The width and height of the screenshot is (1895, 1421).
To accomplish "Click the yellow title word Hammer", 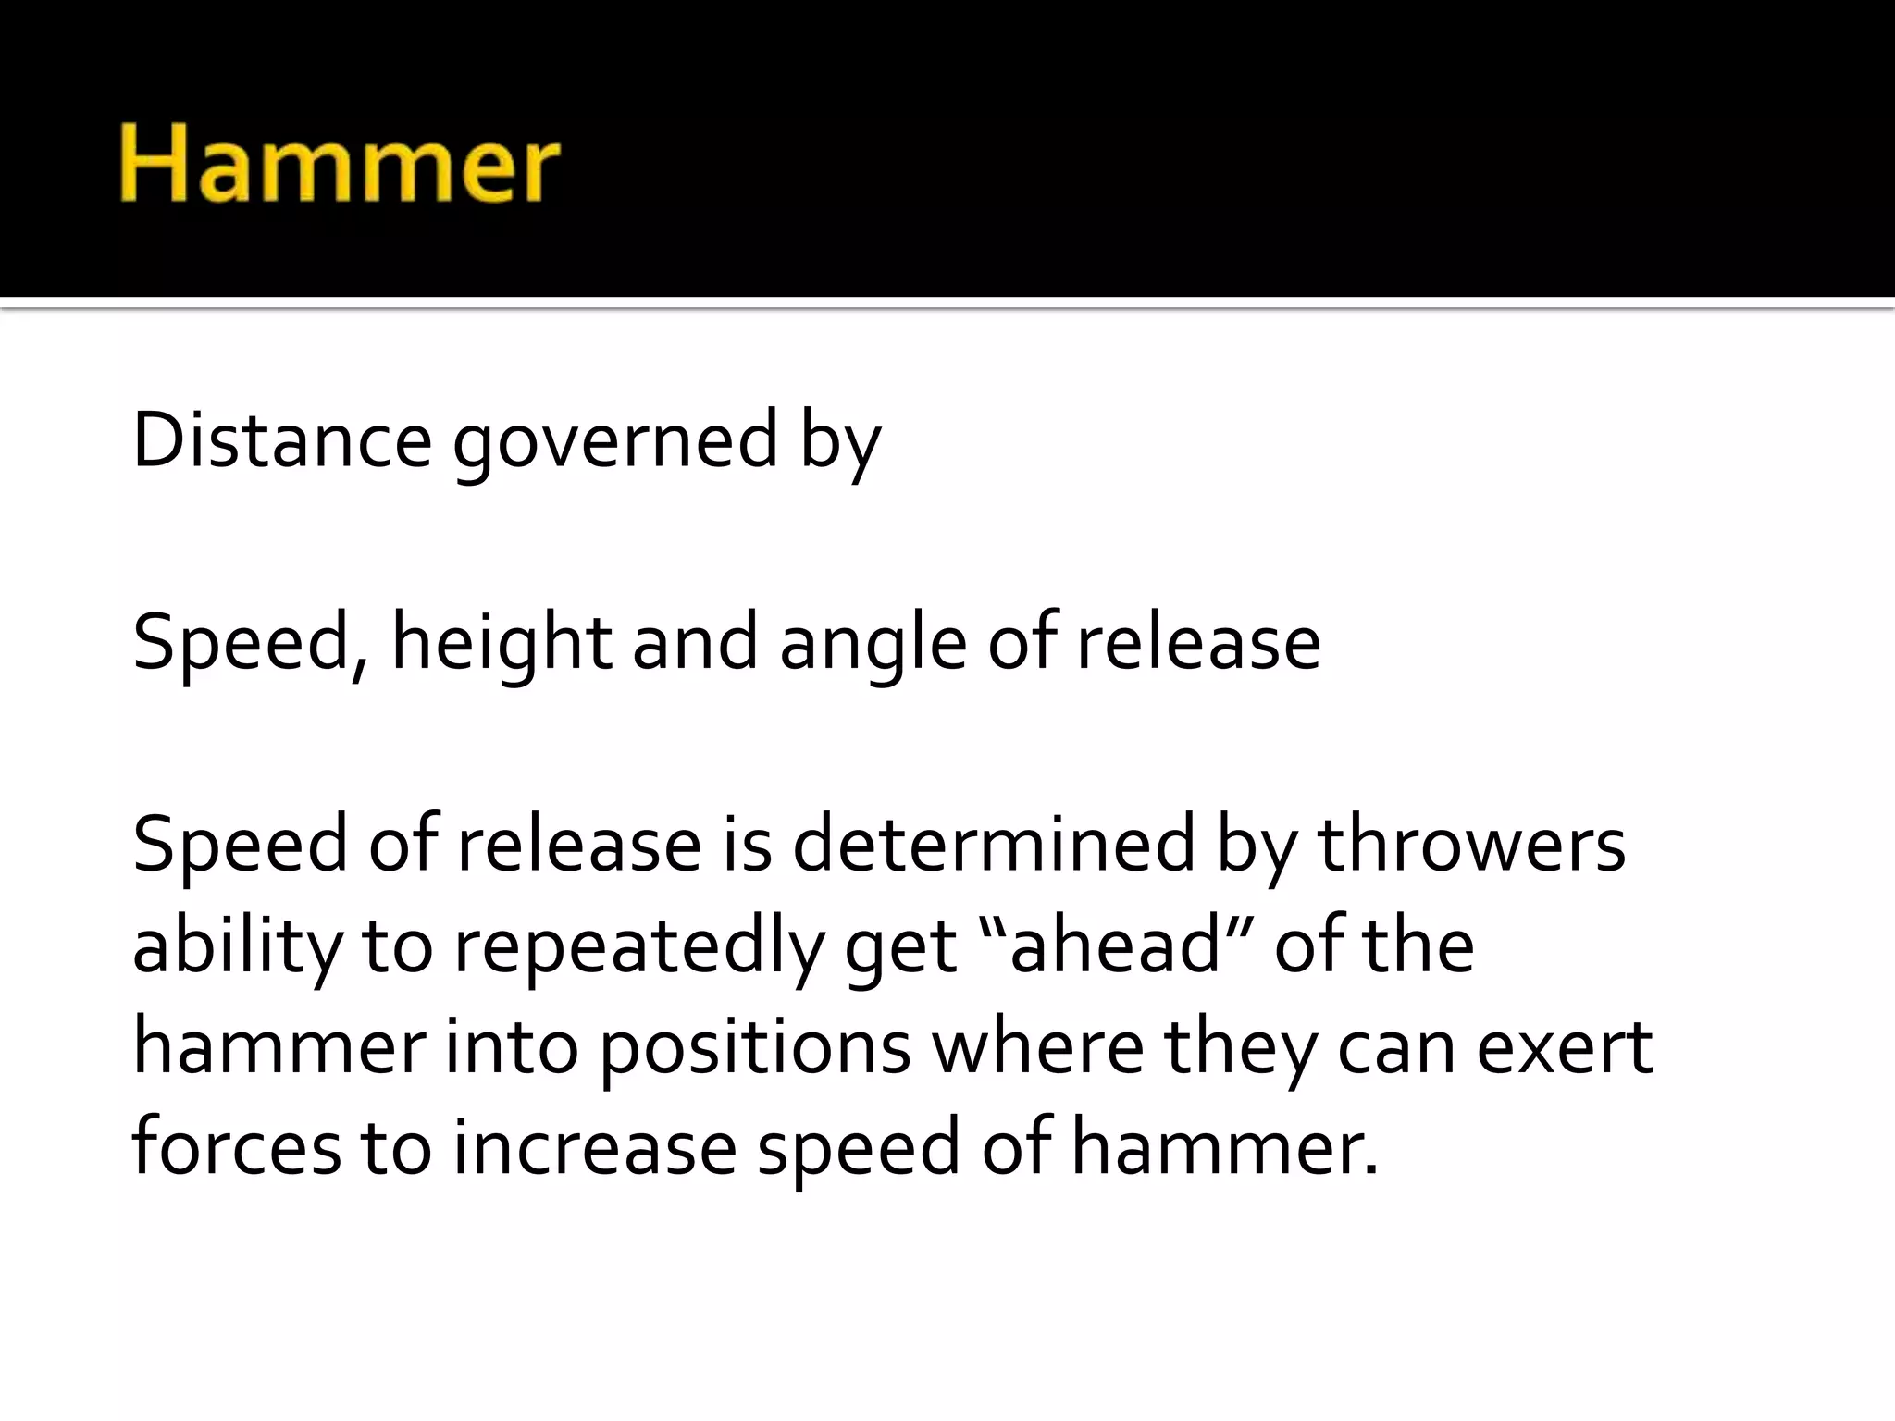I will pyautogui.click(x=340, y=166).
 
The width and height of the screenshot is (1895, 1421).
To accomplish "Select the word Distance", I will pyautogui.click(x=281, y=441).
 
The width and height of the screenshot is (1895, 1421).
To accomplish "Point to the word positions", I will pyautogui.click(x=755, y=1049).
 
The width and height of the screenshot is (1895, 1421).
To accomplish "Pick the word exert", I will pyautogui.click(x=1565, y=1047).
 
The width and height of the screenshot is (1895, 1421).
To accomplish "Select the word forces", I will pyautogui.click(x=237, y=1147).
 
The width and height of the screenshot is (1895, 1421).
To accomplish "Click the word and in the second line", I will pyautogui.click(x=695, y=642).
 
